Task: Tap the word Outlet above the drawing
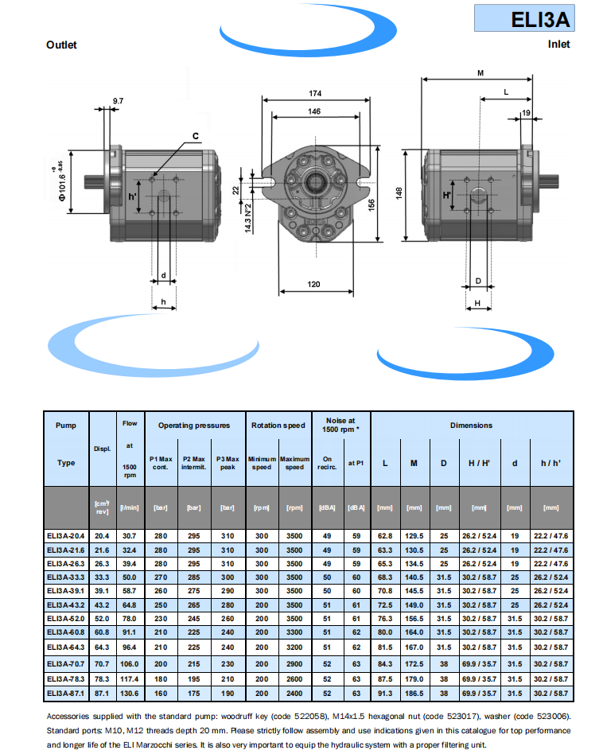click(x=61, y=45)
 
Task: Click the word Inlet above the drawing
click(x=558, y=45)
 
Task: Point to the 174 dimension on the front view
click(x=315, y=94)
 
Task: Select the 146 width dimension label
click(x=315, y=112)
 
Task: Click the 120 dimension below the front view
click(x=313, y=284)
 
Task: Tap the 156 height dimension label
click(x=370, y=204)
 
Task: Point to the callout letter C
click(x=195, y=135)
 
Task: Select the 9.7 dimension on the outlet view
click(x=118, y=101)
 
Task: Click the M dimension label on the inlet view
click(x=480, y=73)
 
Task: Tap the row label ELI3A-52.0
click(x=67, y=618)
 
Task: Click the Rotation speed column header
click(x=278, y=426)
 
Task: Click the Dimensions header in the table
click(x=471, y=426)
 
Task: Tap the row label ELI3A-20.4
click(x=67, y=537)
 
